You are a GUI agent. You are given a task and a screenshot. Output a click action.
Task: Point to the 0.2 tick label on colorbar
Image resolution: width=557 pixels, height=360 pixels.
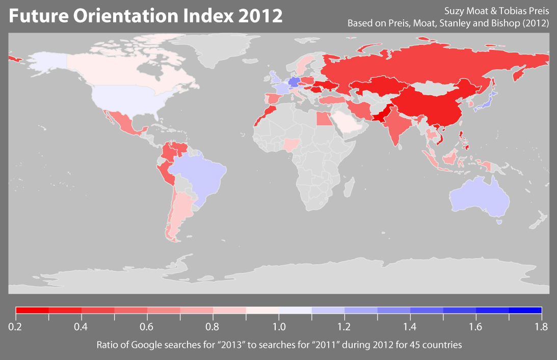[15, 326]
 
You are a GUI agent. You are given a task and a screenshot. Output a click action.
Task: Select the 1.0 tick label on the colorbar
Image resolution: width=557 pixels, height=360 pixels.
[279, 326]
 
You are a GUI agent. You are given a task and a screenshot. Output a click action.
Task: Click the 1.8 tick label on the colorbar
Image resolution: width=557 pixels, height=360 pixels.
[541, 326]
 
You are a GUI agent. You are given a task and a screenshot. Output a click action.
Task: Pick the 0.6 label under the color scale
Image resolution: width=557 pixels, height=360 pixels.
[147, 326]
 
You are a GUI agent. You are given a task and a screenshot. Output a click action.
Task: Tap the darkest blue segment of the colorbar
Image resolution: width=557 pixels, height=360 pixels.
[525, 310]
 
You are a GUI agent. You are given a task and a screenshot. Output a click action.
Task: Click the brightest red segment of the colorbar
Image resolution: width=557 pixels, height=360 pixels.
[32, 310]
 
